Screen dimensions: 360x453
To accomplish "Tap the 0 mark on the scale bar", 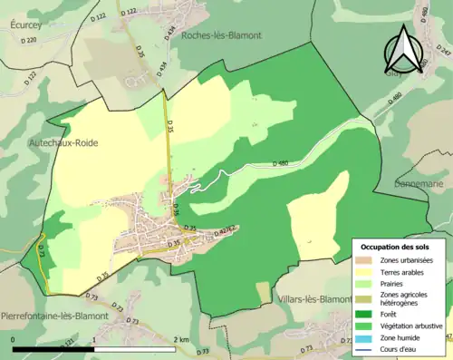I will coord(14,339).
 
